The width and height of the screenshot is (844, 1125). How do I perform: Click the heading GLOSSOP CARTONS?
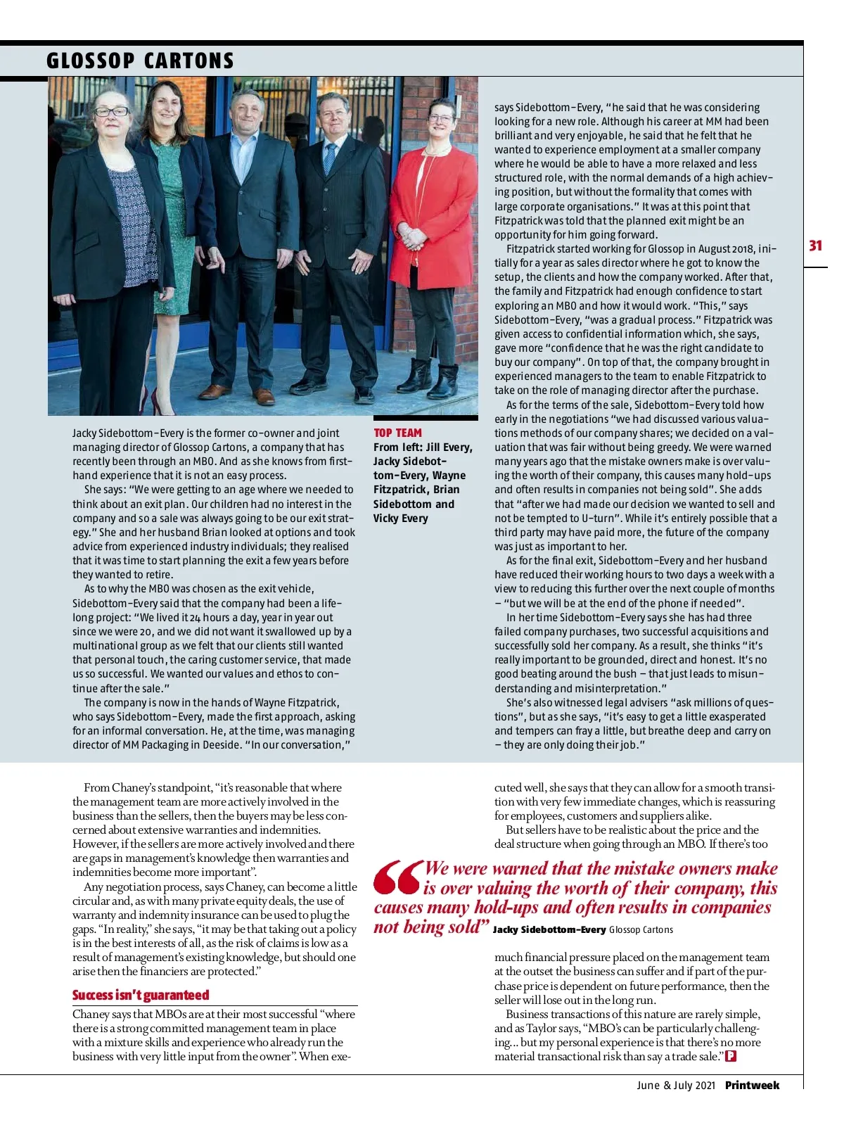[140, 61]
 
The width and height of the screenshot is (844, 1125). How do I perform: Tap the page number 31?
[815, 246]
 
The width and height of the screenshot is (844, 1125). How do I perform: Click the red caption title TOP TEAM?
[397, 433]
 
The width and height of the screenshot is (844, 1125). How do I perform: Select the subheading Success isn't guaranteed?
[141, 995]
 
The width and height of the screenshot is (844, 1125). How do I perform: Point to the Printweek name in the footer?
[752, 1086]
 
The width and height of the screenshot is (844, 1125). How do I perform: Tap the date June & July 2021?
[675, 1086]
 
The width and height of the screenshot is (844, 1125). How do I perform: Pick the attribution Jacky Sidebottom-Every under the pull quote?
[549, 930]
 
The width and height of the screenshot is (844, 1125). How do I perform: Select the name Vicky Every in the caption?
[400, 519]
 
